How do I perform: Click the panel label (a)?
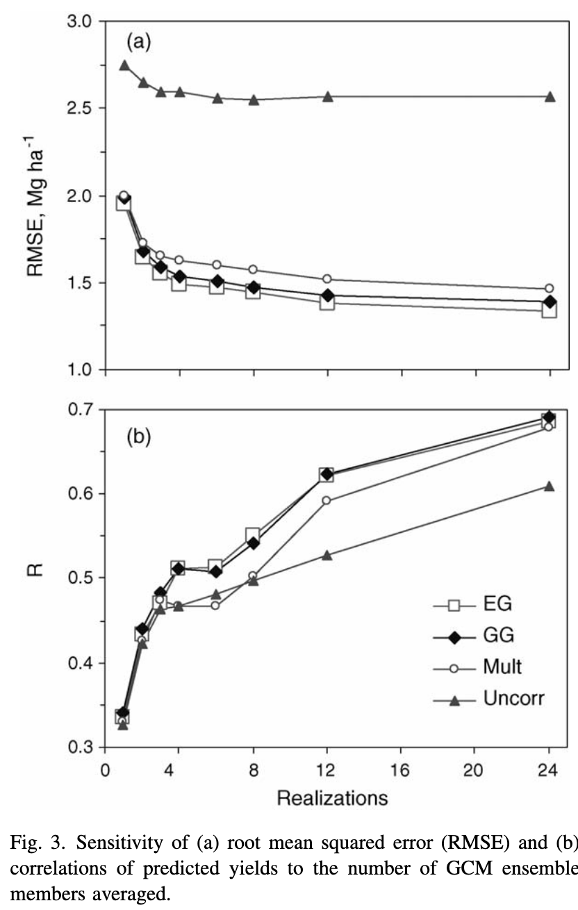[138, 42]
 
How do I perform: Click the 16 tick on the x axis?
[401, 769]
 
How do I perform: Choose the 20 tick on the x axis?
[475, 769]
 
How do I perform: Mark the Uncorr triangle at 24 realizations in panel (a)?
[550, 96]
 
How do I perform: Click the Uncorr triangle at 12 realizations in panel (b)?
[327, 555]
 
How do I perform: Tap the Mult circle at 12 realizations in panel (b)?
[327, 500]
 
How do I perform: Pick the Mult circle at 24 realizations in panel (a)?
[550, 288]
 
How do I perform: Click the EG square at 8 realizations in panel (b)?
[253, 535]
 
